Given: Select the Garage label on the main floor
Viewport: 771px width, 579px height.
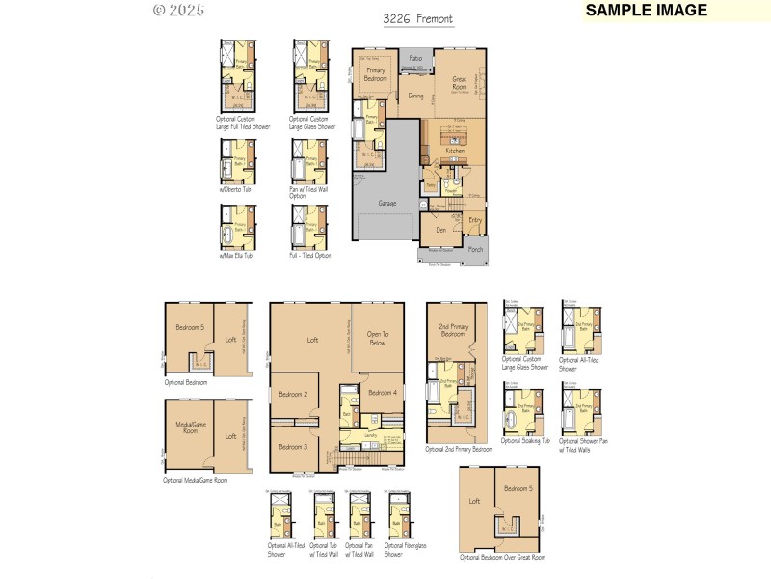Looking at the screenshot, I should pos(386,204).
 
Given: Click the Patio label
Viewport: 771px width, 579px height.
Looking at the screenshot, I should pos(415,59).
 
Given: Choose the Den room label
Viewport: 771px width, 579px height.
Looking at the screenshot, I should pos(439,230).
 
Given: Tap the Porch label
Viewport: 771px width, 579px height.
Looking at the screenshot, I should pos(475,249).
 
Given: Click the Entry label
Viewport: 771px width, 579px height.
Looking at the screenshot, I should pos(475,220).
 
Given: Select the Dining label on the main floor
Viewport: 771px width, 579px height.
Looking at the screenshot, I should pos(414,96).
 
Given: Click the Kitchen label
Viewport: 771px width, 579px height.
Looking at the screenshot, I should pos(455,152).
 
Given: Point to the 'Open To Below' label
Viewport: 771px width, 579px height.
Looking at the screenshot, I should pos(377,338).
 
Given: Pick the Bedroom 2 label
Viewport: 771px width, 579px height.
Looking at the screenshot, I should pos(292,395).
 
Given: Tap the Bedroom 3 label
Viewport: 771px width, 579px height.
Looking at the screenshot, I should pos(292,447).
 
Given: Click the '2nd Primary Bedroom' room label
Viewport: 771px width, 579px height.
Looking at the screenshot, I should pos(453,329).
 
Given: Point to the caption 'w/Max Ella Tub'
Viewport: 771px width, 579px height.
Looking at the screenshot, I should pos(235,256).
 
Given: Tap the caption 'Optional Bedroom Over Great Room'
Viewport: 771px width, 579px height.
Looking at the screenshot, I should pos(502,558).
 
